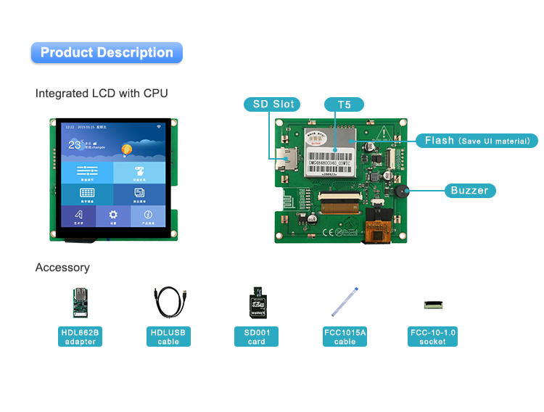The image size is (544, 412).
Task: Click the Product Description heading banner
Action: coord(107,53)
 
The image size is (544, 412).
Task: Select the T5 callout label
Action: coord(344,104)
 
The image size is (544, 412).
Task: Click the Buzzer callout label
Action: coord(470,191)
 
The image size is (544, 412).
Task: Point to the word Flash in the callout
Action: coord(440,141)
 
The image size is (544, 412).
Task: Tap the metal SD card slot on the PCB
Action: coord(284,157)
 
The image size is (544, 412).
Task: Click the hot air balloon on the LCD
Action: coord(127,149)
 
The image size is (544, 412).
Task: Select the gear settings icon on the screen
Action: coord(113,215)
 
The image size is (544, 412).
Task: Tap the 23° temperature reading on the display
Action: coord(75,144)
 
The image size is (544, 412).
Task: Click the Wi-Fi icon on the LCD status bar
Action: coord(158,127)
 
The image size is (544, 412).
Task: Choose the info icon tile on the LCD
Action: coord(148,215)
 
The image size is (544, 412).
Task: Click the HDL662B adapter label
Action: coord(80,337)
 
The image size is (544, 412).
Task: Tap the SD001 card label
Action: coord(256,337)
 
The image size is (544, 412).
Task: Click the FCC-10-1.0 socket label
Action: coord(433,337)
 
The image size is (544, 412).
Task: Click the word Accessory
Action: coord(62,268)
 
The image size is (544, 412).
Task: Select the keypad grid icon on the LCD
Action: coord(87,194)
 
